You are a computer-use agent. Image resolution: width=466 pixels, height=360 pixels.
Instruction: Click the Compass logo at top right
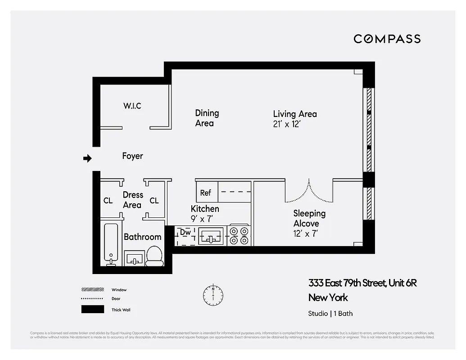[x=387, y=39]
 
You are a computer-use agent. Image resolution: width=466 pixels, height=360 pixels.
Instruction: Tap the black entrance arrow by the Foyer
[x=88, y=158]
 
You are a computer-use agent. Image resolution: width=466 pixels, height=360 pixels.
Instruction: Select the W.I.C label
[x=132, y=106]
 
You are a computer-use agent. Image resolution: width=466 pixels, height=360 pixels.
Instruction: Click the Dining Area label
[x=207, y=118]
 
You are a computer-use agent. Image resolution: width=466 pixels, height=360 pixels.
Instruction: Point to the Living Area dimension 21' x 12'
[x=286, y=124]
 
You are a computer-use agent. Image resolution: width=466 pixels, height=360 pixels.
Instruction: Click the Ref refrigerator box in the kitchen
[x=206, y=193]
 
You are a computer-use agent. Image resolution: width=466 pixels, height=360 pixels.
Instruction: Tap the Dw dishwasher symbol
[x=185, y=233]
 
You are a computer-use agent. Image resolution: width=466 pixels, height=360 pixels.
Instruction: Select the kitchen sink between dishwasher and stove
[x=211, y=235]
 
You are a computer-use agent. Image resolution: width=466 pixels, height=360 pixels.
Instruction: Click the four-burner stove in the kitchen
[x=239, y=235]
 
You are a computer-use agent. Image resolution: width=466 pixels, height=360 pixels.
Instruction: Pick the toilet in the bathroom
[x=154, y=256]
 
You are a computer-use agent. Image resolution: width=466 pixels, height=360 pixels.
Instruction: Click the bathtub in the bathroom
[x=111, y=244]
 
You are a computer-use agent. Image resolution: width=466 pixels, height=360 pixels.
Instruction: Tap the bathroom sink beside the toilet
[x=134, y=259]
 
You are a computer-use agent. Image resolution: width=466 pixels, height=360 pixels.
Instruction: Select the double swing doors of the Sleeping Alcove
[x=309, y=192]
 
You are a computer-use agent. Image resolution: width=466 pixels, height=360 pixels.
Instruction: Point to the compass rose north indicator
[x=213, y=294]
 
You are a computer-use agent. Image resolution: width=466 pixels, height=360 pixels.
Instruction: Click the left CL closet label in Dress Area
[x=108, y=201]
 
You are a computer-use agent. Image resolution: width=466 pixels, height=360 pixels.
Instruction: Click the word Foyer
[x=132, y=156]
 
